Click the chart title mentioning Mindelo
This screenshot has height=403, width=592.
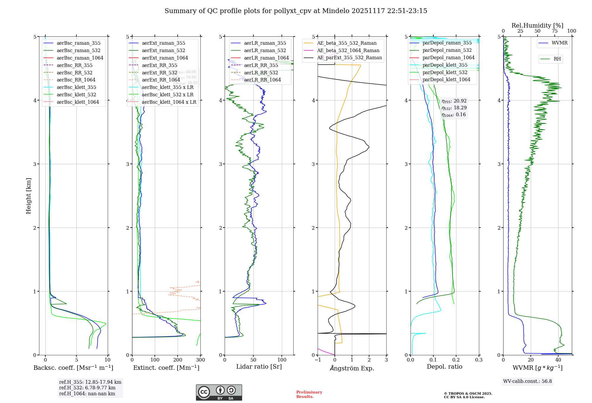point(296,11)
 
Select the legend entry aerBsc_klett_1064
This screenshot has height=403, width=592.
point(78,102)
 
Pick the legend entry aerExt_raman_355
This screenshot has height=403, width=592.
point(163,43)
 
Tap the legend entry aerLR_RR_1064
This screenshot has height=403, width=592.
point(262,80)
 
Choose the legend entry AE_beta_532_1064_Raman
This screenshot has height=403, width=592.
point(348,50)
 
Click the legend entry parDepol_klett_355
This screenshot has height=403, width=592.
point(445,65)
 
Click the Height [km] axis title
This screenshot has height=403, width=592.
point(28,196)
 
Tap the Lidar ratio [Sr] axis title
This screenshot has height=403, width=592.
point(259,367)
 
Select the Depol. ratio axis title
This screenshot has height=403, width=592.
point(444,367)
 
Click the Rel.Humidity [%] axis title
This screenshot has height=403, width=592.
point(537,25)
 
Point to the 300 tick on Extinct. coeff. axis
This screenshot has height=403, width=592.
point(200,360)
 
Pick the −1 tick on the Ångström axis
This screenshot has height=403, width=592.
point(318,360)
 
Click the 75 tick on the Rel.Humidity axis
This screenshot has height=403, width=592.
point(555,31)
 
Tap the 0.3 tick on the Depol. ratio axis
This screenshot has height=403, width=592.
point(479,360)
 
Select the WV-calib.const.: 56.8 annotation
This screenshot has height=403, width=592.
point(527,381)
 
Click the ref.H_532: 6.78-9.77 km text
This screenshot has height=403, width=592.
point(87,388)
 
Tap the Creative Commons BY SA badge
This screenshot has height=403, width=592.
point(219,393)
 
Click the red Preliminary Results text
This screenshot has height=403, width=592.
point(309,394)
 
